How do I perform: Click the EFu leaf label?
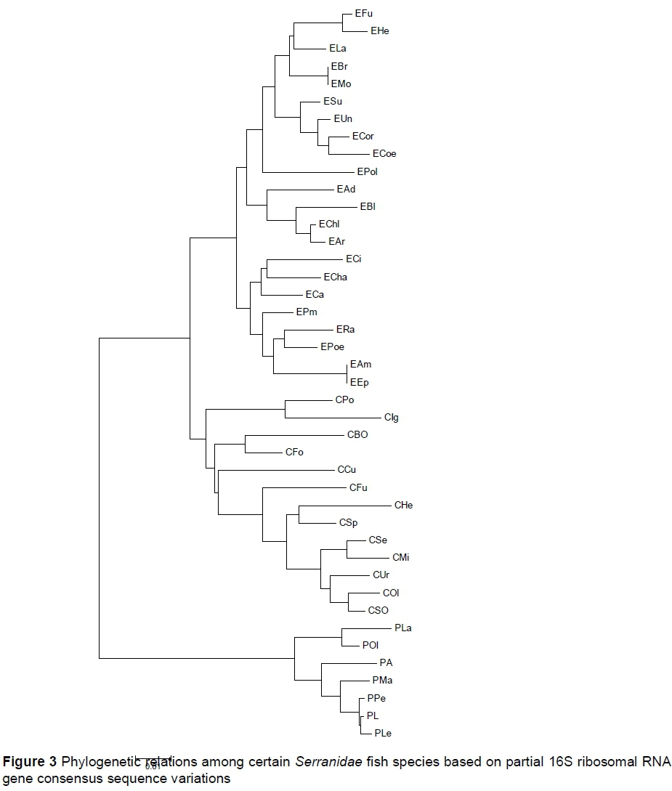pyautogui.click(x=363, y=13)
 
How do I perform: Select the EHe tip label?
pyautogui.click(x=380, y=31)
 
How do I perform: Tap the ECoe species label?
pyautogui.click(x=384, y=154)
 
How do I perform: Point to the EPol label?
pyautogui.click(x=368, y=172)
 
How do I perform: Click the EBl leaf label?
pyautogui.click(x=368, y=207)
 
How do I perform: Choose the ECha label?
pyautogui.click(x=336, y=277)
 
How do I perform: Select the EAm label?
pyautogui.click(x=360, y=365)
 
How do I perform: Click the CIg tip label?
pyautogui.click(x=392, y=418)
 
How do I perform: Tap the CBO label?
pyautogui.click(x=357, y=435)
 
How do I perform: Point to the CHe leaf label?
pyautogui.click(x=403, y=506)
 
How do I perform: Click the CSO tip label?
pyautogui.click(x=378, y=611)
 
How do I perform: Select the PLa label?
pyautogui.click(x=403, y=628)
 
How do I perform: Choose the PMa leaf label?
pyautogui.click(x=382, y=681)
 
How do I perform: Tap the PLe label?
pyautogui.click(x=383, y=734)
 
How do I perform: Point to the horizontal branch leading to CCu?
pyautogui.click(x=276, y=471)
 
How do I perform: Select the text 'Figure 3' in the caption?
pyautogui.click(x=29, y=763)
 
